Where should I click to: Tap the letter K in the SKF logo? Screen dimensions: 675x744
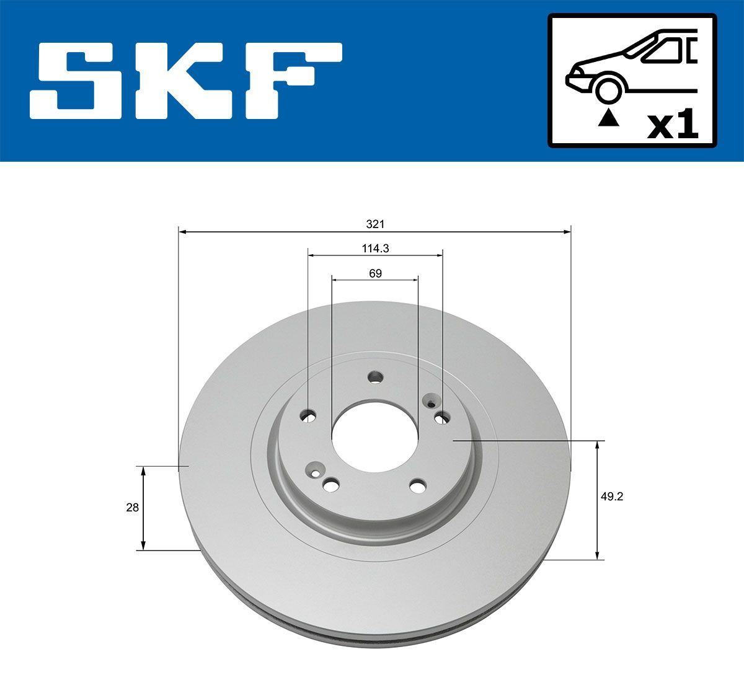click(x=187, y=81)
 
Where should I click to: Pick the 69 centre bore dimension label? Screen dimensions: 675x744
click(x=374, y=273)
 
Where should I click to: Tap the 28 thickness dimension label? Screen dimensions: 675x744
click(x=131, y=507)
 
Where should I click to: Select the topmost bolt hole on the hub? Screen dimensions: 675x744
click(x=375, y=377)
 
